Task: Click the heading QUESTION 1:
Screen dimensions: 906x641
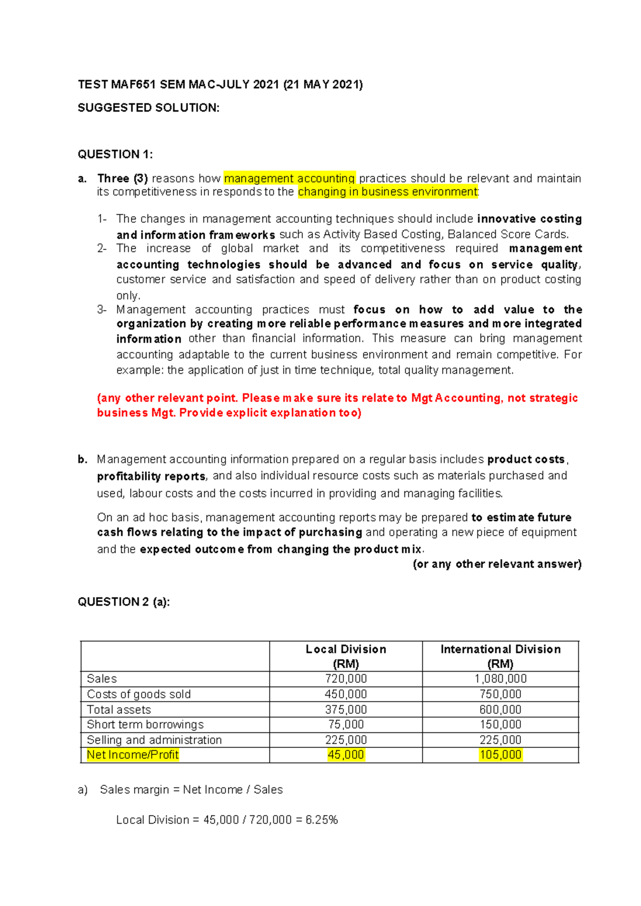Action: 115,155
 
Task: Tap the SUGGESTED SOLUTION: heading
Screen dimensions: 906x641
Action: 148,108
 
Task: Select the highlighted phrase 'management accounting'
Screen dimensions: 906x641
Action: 290,178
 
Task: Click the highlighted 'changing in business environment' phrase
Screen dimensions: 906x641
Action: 387,192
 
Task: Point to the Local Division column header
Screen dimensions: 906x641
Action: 346,656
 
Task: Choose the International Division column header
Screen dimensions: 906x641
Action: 501,656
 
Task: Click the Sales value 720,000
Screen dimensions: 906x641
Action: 346,679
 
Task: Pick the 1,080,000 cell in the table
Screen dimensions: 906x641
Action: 501,679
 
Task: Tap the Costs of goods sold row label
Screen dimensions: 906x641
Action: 139,694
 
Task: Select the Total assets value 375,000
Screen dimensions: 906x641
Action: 346,710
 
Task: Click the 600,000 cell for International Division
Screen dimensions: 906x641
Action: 501,710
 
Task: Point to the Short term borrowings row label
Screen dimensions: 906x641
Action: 145,724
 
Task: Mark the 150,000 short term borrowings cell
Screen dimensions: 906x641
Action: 501,724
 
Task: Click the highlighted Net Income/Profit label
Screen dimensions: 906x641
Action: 132,755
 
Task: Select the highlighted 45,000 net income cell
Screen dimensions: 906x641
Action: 346,755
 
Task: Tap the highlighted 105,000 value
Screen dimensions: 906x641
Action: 501,755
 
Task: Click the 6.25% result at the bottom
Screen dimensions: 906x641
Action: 322,820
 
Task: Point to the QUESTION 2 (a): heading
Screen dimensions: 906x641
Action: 124,602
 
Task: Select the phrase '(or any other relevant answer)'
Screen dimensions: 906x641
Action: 497,564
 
